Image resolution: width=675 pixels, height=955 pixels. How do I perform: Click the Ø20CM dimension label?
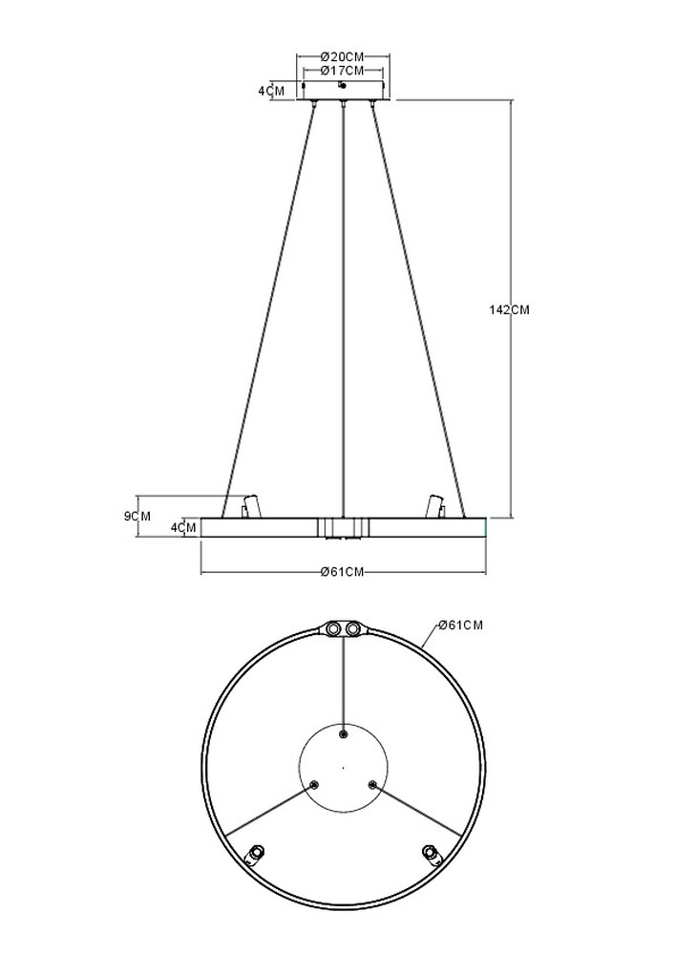tap(343, 56)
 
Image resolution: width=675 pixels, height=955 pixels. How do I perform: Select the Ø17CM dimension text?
tap(343, 71)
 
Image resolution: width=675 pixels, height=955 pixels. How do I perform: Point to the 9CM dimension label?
tap(138, 516)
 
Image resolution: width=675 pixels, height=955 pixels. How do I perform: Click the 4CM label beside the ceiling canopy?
tap(271, 91)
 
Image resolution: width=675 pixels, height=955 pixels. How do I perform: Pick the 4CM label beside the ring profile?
tap(183, 527)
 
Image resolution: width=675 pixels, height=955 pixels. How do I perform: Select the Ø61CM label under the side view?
tap(343, 572)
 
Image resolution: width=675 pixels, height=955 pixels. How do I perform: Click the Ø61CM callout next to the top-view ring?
tap(460, 626)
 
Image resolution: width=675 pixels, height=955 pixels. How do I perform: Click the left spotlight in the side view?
tap(251, 505)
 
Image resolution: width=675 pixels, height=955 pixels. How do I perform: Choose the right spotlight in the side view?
tap(434, 505)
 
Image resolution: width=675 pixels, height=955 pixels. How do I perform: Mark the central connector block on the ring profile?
tap(343, 527)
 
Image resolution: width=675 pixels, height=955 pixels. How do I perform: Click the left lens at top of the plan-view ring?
tap(333, 628)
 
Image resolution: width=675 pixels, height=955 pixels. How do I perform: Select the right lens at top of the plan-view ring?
tap(353, 628)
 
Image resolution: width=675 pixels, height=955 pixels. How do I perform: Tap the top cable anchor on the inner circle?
tap(344, 733)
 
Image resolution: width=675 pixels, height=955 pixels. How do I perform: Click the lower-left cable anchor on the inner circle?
tap(313, 784)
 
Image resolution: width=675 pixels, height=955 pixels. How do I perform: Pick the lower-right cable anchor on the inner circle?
tap(373, 784)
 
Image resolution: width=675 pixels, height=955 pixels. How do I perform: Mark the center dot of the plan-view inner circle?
tap(344, 766)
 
